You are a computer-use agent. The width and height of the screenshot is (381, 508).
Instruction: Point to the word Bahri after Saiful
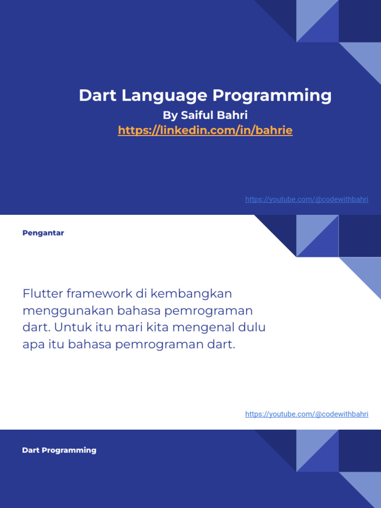pos(234,116)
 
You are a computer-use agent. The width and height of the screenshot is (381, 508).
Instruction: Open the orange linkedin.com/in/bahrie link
pos(205,130)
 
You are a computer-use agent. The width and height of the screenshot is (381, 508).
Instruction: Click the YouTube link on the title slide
pos(307,199)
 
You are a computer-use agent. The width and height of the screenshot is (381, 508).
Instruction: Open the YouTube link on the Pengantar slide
pos(307,414)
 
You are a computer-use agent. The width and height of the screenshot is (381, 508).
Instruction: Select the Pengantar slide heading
pos(43,233)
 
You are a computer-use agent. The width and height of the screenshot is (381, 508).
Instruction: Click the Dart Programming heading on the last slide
pos(59,450)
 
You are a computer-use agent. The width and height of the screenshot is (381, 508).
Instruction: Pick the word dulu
pos(252,328)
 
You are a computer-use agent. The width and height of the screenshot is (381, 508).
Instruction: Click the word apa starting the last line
pos(33,345)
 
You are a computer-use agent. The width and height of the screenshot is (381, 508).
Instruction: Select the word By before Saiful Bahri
pos(170,116)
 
